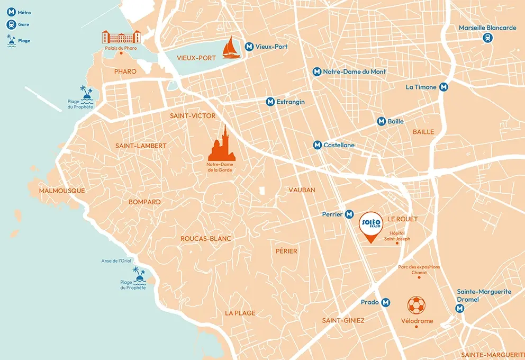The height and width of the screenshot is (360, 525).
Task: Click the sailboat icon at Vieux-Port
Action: tap(231, 48)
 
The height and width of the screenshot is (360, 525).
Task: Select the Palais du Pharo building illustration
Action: tap(121, 37)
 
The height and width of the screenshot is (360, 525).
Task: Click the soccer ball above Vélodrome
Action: tap(416, 305)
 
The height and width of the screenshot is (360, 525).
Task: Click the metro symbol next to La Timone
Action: tap(443, 87)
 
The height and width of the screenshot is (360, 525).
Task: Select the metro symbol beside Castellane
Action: tap(317, 145)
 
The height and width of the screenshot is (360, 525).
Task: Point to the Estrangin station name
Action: tap(291, 102)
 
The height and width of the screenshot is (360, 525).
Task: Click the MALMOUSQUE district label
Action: tap(62, 191)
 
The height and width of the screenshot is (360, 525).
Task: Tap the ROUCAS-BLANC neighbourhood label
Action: tap(206, 239)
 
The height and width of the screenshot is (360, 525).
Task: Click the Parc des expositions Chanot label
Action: tap(419, 269)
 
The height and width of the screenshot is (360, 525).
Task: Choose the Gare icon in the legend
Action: tap(11, 24)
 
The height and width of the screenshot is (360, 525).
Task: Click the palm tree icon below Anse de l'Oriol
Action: tap(139, 274)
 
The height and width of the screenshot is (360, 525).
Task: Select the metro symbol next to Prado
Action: tap(386, 302)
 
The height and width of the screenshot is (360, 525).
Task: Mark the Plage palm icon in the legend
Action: tap(11, 40)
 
